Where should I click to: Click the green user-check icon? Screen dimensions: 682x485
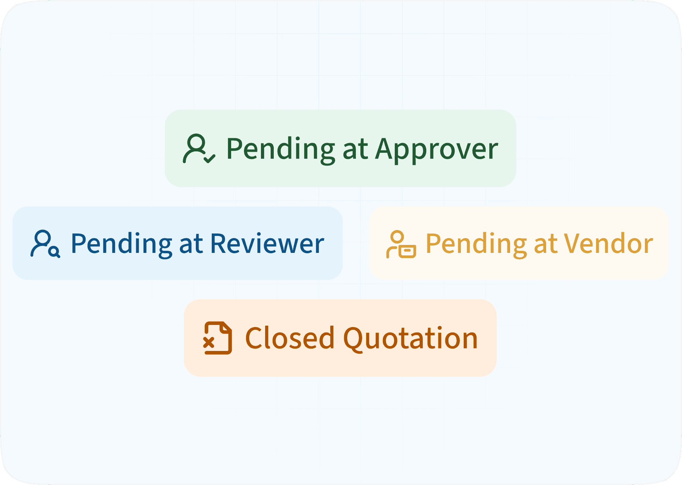(199, 149)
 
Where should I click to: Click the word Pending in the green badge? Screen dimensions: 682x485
(280, 149)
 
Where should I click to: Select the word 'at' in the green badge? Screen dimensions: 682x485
(355, 149)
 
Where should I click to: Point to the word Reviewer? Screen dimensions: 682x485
(267, 244)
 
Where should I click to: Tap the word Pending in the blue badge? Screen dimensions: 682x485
(121, 244)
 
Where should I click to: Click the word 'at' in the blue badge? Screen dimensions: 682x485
(191, 244)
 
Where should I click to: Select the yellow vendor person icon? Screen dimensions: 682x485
(401, 245)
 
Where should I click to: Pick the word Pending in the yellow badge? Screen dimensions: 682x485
(476, 244)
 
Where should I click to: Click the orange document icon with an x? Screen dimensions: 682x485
(217, 338)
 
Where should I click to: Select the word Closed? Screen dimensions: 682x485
(290, 338)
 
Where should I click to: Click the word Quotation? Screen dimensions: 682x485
(410, 338)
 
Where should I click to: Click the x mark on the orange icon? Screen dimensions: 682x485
(209, 343)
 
